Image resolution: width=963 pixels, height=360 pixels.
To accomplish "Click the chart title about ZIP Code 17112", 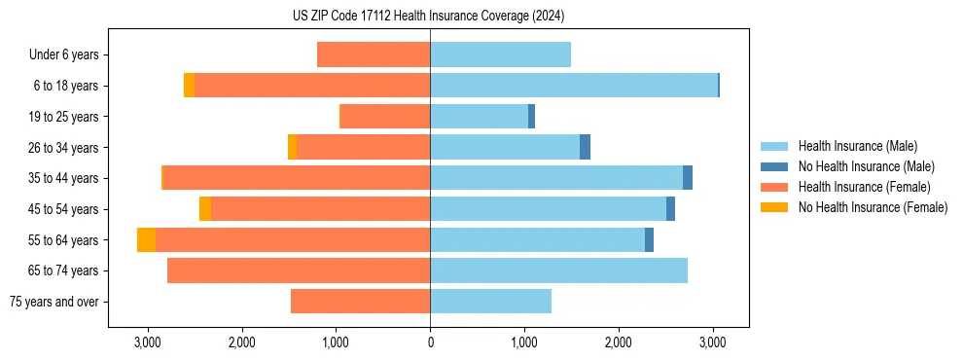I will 428,17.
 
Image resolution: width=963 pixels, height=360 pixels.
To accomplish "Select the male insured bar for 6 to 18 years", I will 574,86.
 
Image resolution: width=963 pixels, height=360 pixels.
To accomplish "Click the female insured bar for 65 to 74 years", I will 299,270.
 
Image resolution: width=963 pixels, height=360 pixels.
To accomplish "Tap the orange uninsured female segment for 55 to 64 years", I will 146,240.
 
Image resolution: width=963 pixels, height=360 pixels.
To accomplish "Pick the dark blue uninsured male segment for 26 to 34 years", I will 585,147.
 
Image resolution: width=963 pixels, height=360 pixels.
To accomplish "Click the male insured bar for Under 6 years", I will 500,55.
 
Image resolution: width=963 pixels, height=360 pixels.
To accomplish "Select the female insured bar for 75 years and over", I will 360,302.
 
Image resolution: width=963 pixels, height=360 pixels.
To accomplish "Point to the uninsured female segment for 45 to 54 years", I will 205,209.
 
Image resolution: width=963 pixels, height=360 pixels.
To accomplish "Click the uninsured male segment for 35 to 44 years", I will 688,178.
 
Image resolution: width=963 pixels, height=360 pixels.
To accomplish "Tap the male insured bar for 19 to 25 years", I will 479,117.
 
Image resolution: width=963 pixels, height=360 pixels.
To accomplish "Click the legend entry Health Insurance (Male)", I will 857,146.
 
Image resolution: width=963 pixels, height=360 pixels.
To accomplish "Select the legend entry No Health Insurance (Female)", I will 873,207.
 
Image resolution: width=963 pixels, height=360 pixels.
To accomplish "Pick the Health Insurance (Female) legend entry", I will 864,187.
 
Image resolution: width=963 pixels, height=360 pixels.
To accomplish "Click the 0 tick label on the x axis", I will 430,342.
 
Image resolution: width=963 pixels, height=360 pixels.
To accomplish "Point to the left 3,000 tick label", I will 147,342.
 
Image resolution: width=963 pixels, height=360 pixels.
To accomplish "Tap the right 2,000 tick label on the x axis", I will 619,342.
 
